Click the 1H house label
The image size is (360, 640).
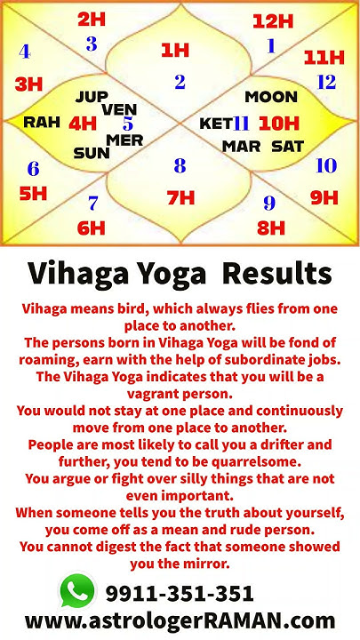click(175, 51)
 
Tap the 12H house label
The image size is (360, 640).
click(272, 21)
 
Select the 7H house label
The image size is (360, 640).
click(180, 197)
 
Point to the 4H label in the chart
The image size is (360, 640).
click(83, 124)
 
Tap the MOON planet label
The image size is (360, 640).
click(271, 96)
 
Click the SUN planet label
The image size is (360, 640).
click(91, 153)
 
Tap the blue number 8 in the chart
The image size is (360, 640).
click(180, 166)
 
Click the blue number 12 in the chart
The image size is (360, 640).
click(326, 83)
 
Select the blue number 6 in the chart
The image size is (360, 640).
click(33, 169)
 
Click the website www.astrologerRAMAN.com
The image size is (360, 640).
click(180, 620)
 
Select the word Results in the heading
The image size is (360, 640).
click(277, 272)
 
